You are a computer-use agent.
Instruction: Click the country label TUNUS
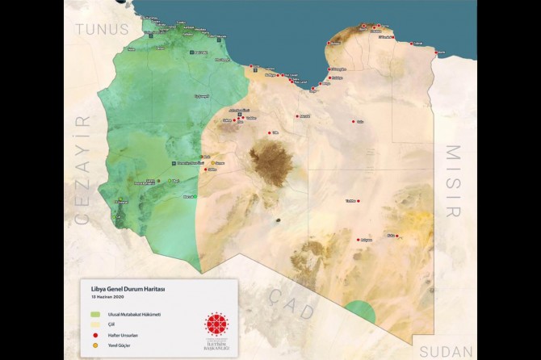pyautogui.click(x=102, y=29)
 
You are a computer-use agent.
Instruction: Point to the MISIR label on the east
pyautogui.click(x=454, y=181)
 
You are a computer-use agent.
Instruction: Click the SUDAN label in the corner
pyautogui.click(x=445, y=350)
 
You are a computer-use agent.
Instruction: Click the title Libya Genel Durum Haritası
pyautogui.click(x=132, y=288)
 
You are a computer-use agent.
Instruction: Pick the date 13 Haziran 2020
pyautogui.click(x=112, y=296)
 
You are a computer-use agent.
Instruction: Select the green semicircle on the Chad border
pyautogui.click(x=361, y=312)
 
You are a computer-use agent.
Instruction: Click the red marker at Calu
pyautogui.click(x=353, y=122)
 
